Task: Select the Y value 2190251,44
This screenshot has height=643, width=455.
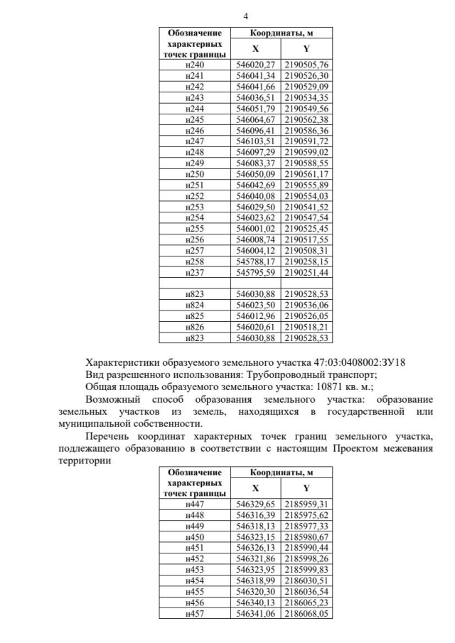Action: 306,272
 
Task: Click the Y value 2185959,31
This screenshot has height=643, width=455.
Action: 306,504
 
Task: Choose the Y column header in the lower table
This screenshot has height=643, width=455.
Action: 306,488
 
